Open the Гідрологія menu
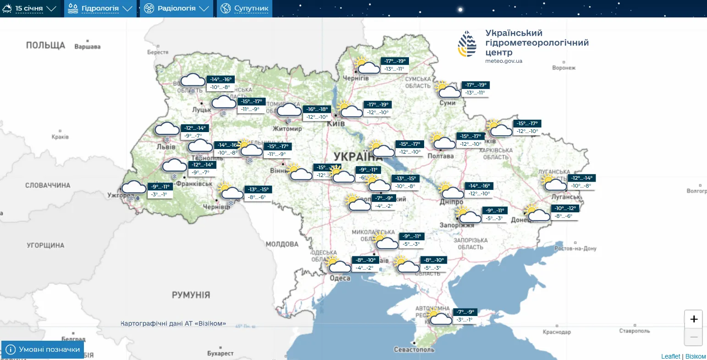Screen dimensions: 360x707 tap(100, 8)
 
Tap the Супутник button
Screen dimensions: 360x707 tap(245, 8)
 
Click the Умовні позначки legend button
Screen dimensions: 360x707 tap(43, 349)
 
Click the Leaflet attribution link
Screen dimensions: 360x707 tap(670, 356)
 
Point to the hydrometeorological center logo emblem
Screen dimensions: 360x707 tap(467, 44)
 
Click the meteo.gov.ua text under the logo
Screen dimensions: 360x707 tap(503, 61)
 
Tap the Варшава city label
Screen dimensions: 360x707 tap(87, 47)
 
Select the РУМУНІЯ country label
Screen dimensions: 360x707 tap(191, 295)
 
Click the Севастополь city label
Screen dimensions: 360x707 tap(414, 349)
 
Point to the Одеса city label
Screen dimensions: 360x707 tap(340, 278)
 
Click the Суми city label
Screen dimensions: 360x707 tap(447, 103)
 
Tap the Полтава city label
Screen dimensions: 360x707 tap(440, 156)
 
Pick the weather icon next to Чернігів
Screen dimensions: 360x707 tap(366, 66)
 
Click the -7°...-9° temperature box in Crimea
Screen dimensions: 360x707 tap(465, 312)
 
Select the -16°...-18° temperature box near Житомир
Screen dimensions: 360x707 tap(317, 109)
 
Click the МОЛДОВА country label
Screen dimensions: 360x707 tap(282, 244)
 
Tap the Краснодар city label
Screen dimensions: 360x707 tap(557, 332)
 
